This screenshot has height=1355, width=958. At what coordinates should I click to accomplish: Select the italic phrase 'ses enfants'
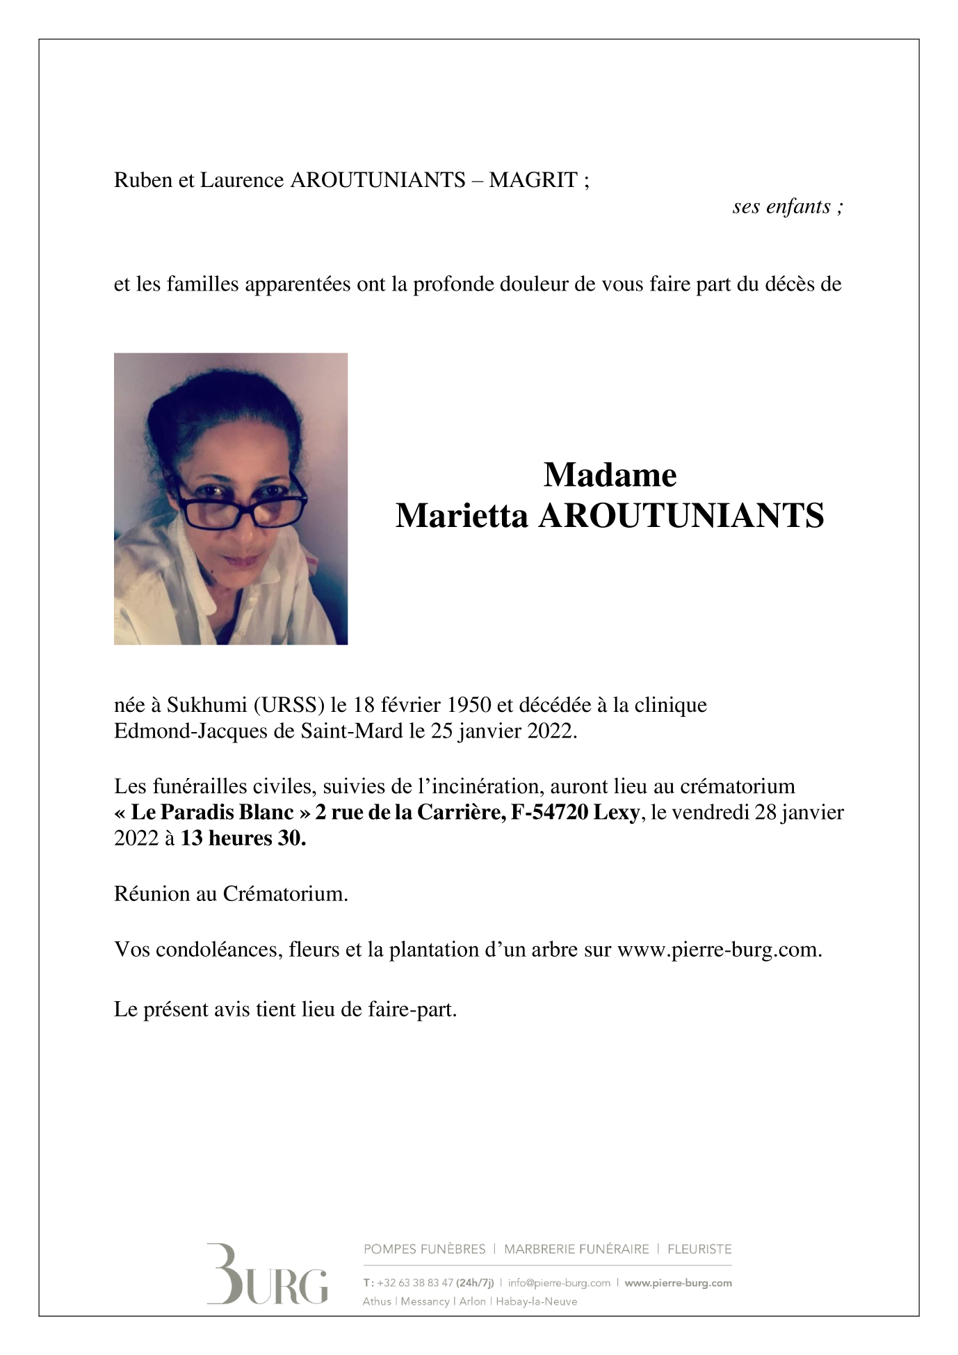click(781, 206)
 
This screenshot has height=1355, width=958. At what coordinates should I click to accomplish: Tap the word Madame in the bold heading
click(610, 476)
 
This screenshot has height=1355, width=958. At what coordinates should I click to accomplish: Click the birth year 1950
click(469, 705)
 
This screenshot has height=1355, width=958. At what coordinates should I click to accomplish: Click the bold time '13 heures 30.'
click(243, 838)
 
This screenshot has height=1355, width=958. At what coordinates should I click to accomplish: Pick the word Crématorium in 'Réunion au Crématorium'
click(285, 894)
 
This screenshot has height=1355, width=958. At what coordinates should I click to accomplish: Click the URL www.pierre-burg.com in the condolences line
click(720, 950)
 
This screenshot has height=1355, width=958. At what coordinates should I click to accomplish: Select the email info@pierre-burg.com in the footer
click(559, 1283)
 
